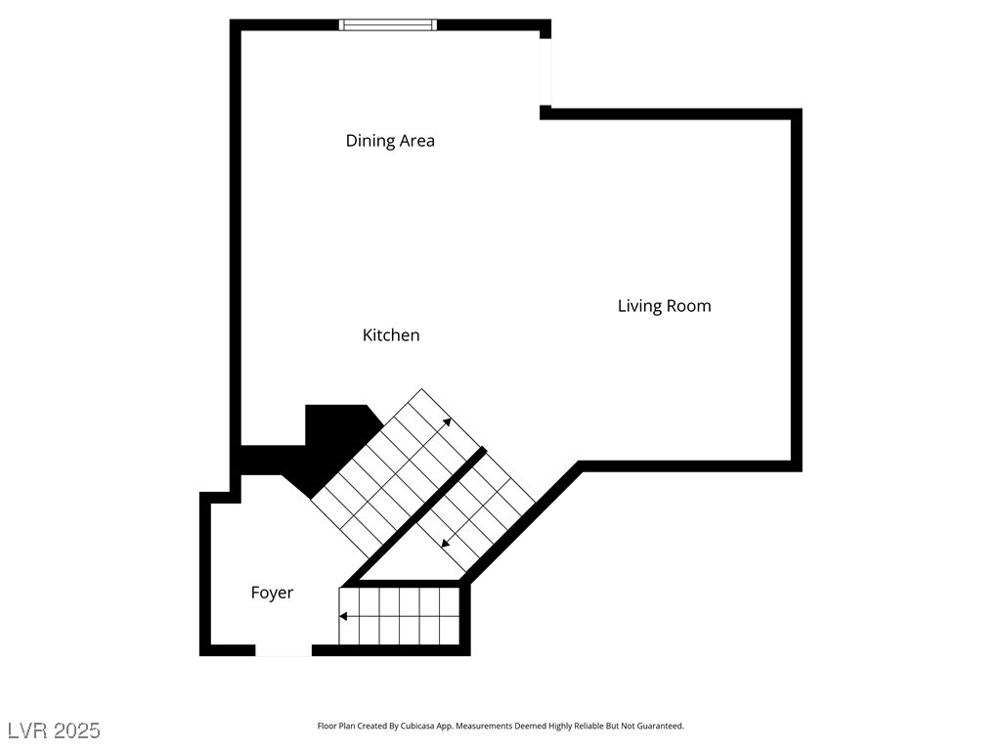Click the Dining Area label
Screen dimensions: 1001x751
click(x=390, y=141)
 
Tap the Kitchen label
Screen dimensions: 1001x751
click(x=391, y=334)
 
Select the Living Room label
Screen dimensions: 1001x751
click(x=664, y=306)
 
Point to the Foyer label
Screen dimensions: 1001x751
click(x=272, y=593)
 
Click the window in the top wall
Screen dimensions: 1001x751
click(x=387, y=24)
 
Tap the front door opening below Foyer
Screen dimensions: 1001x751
click(x=283, y=650)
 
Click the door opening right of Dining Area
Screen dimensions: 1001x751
click(x=545, y=71)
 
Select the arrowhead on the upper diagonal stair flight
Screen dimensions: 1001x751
click(x=447, y=421)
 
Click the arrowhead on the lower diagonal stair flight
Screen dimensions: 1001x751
click(x=446, y=543)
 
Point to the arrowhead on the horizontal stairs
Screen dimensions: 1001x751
click(x=343, y=616)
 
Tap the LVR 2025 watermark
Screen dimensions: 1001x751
click(x=54, y=730)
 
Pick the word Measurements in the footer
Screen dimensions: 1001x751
click(x=484, y=727)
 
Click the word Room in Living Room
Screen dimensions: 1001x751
click(x=689, y=306)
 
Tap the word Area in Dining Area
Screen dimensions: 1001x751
click(x=418, y=141)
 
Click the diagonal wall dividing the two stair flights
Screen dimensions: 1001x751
click(x=413, y=516)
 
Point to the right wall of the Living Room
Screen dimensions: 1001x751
click(x=797, y=290)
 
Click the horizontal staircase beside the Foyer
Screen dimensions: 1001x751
click(x=399, y=616)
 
